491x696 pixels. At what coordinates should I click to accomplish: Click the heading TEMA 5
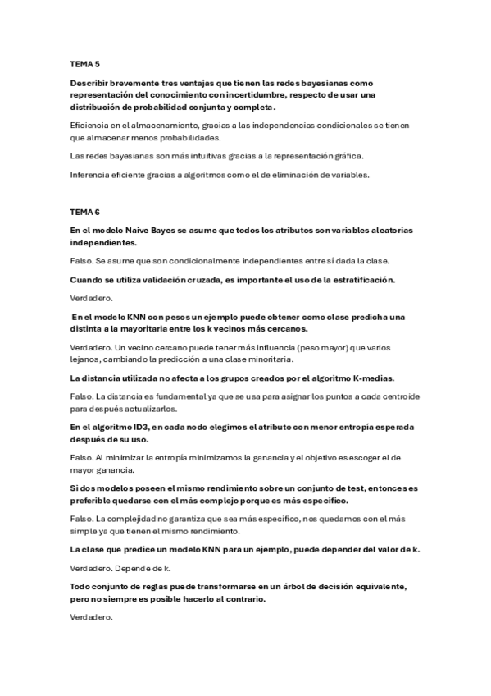point(85,63)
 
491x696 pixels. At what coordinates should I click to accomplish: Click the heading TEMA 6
point(85,212)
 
